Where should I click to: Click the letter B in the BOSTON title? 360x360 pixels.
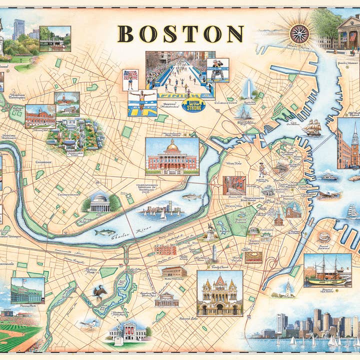click(x=126, y=33)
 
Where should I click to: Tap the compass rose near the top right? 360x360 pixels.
click(x=299, y=33)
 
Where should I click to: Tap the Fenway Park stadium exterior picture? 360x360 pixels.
click(x=27, y=290)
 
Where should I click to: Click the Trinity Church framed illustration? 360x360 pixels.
click(x=219, y=293)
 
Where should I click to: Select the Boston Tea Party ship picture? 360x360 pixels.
click(x=327, y=270)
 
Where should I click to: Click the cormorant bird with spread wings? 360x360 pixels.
click(x=100, y=291)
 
